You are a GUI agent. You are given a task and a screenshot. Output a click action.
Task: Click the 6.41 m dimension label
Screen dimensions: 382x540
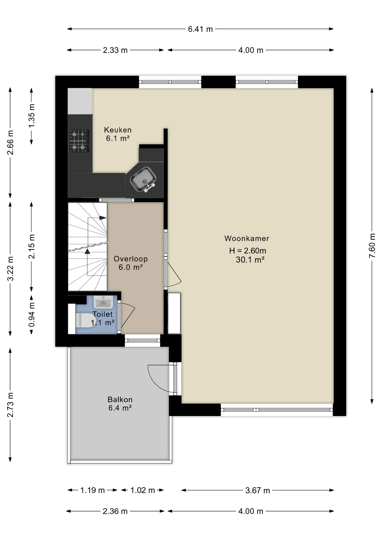click(x=200, y=29)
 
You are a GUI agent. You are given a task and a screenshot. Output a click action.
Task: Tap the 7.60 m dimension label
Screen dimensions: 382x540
click(x=372, y=246)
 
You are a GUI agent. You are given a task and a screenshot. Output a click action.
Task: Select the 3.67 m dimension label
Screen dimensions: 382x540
click(x=257, y=490)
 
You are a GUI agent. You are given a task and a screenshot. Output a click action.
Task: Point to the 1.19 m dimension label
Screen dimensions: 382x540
click(x=93, y=490)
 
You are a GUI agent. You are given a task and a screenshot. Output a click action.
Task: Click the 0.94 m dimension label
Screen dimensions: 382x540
click(x=32, y=315)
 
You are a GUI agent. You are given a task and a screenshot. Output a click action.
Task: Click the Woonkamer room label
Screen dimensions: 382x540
click(x=247, y=238)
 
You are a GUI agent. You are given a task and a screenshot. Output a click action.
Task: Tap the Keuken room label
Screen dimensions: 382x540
click(x=118, y=130)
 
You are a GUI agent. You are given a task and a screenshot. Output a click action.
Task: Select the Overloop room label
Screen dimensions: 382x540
click(x=131, y=259)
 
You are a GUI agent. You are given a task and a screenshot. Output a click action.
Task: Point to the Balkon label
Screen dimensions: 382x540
click(x=120, y=400)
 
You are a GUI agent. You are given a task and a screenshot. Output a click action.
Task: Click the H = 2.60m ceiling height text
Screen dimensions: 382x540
click(x=248, y=251)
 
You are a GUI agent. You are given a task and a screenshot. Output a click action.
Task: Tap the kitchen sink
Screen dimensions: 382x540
click(x=143, y=179)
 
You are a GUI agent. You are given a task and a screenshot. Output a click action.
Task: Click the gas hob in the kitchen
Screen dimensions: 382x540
click(x=79, y=141)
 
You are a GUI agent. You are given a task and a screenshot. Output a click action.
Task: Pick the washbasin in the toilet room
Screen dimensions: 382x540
click(x=103, y=302)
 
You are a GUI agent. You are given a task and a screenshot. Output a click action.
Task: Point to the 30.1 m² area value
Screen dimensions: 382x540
click(x=250, y=260)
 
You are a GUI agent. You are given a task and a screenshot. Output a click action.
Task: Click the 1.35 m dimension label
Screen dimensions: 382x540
click(x=32, y=116)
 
